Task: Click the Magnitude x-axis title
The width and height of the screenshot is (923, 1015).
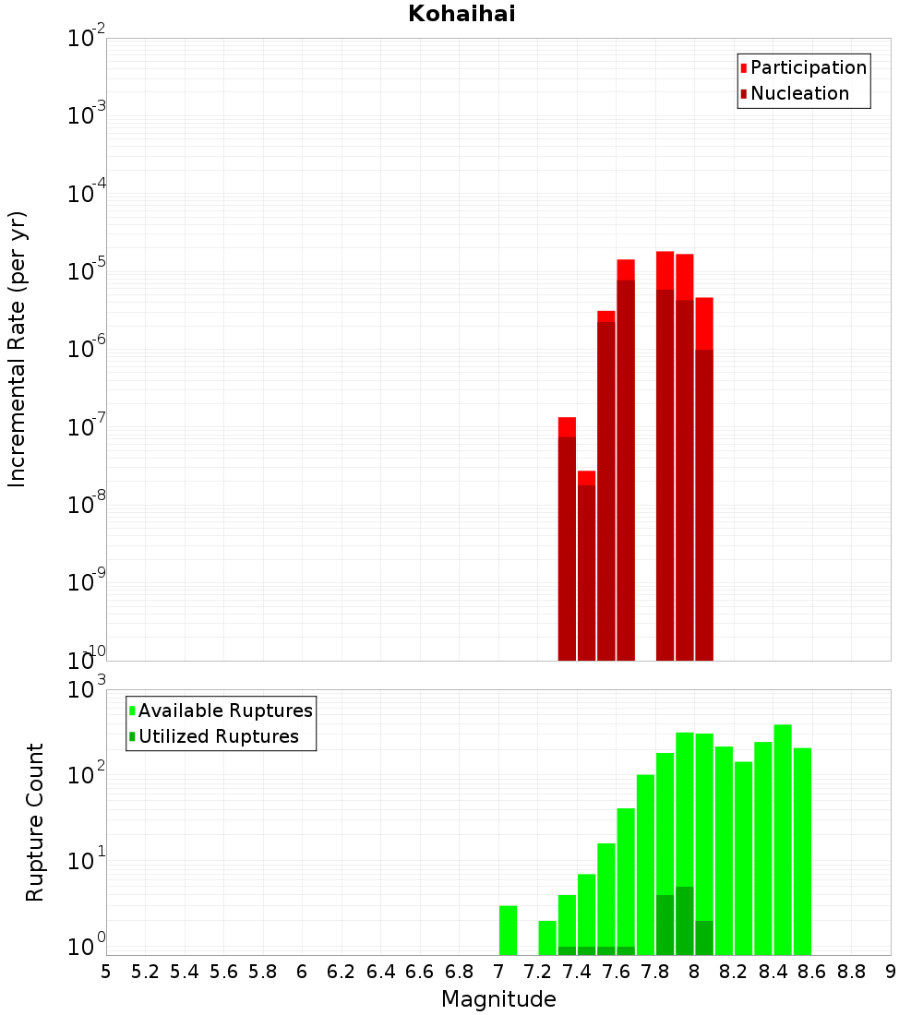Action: [x=498, y=999]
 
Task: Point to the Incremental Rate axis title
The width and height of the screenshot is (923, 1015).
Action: [x=17, y=349]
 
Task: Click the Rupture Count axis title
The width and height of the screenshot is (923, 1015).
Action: [x=35, y=822]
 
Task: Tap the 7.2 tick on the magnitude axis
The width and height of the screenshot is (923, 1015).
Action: [x=537, y=972]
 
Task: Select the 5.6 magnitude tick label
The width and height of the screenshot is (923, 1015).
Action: [x=223, y=972]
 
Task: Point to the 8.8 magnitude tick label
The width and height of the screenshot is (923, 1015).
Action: [x=851, y=972]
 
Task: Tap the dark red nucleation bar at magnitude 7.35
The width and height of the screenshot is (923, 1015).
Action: [x=567, y=554]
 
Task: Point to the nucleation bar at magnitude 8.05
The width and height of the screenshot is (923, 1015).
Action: [x=703, y=507]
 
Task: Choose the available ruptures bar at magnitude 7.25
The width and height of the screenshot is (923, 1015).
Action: [x=547, y=937]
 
